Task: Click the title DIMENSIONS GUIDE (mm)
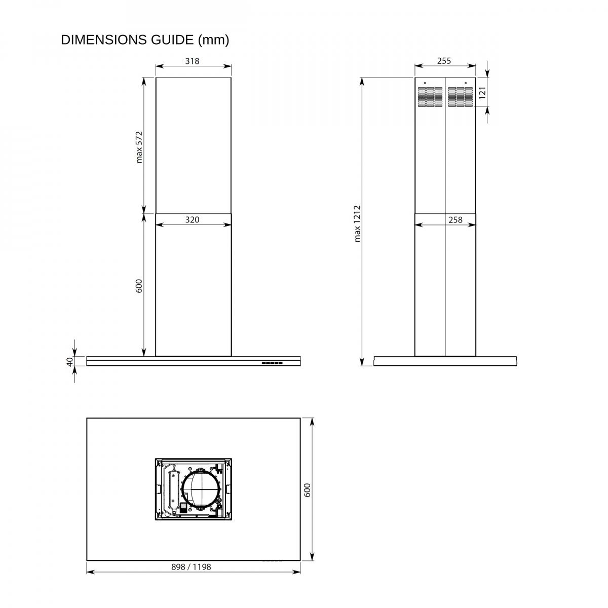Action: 145,40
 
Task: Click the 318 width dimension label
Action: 192,61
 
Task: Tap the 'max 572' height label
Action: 139,147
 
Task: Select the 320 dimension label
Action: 192,219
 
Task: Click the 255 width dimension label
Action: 444,61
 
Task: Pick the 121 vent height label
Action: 482,93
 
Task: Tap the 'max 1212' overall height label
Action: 357,224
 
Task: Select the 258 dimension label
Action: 455,219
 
